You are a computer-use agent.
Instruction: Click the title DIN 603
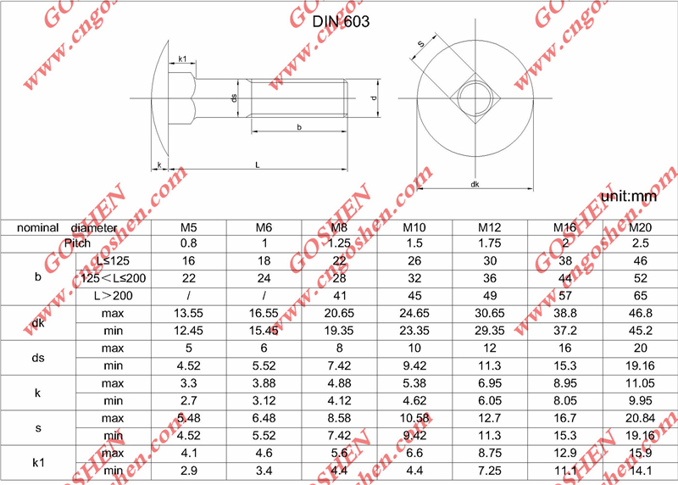point(342,21)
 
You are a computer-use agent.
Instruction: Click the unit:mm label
point(628,197)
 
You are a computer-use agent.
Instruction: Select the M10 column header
point(414,227)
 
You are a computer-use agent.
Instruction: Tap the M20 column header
point(641,227)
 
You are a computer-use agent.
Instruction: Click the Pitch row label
point(77,243)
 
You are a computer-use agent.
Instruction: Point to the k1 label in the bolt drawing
point(182,59)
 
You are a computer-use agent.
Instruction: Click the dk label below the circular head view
point(475,184)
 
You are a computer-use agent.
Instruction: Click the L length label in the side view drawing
point(258,165)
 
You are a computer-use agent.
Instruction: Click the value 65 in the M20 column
point(641,295)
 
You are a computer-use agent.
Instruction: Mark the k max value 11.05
point(641,384)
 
